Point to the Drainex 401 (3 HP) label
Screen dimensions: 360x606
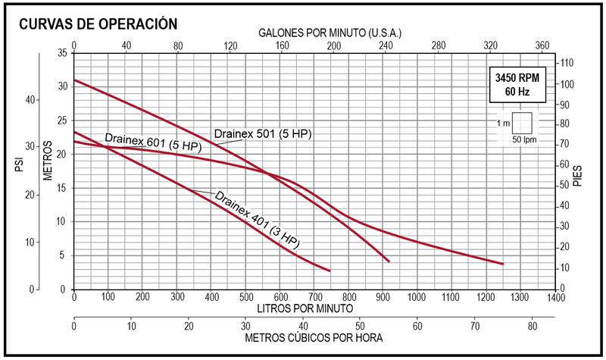[x=258, y=219]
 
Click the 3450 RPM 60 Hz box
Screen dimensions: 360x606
[x=517, y=85]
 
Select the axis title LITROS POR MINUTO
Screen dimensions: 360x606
[x=304, y=309]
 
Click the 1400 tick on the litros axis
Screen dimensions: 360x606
[x=556, y=298]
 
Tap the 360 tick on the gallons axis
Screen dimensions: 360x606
[x=542, y=45]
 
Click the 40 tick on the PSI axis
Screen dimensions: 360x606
[x=30, y=100]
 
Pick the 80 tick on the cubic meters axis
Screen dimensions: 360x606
[x=532, y=326]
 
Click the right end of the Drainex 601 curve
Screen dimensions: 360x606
[x=502, y=264]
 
